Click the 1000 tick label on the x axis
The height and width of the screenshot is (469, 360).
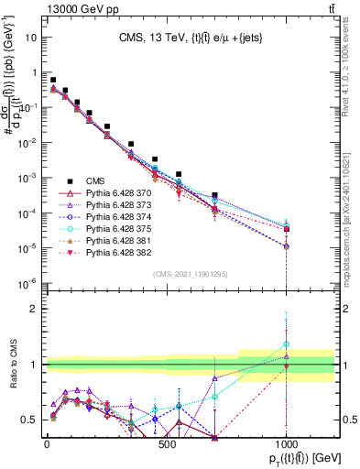pyautogui.click(x=287, y=444)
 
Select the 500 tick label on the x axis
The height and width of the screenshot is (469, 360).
pyautogui.click(x=167, y=444)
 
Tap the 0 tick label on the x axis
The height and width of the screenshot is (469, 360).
pyautogui.click(x=47, y=444)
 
